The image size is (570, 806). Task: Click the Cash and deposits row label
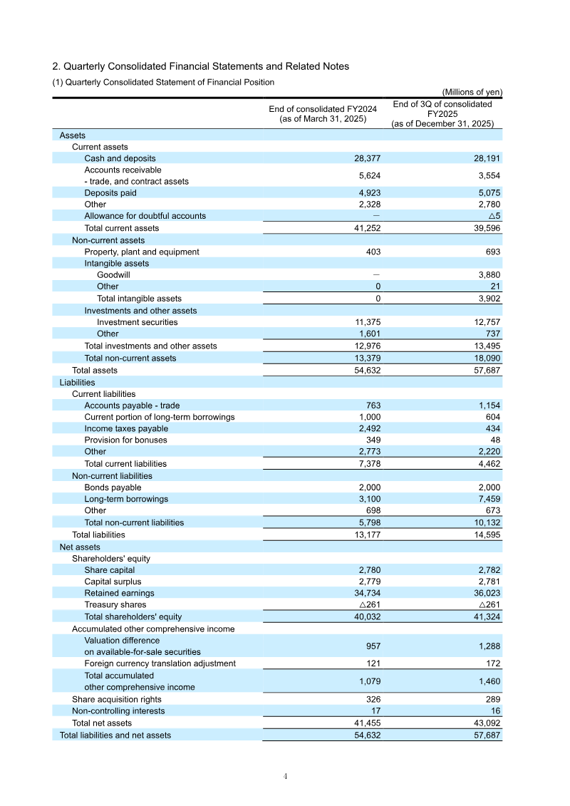[120, 158]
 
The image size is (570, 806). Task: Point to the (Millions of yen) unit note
[472, 92]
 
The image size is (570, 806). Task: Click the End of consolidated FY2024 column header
[323, 114]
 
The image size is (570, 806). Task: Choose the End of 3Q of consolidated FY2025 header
[442, 114]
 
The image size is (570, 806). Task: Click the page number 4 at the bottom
[285, 776]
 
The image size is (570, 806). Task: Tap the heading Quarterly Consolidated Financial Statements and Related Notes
[201, 66]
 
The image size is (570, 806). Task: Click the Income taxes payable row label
[126, 428]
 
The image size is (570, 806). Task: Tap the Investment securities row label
[138, 322]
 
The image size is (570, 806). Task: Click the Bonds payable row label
[113, 487]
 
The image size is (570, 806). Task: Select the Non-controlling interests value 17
[375, 711]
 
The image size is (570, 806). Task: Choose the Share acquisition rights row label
[117, 699]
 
